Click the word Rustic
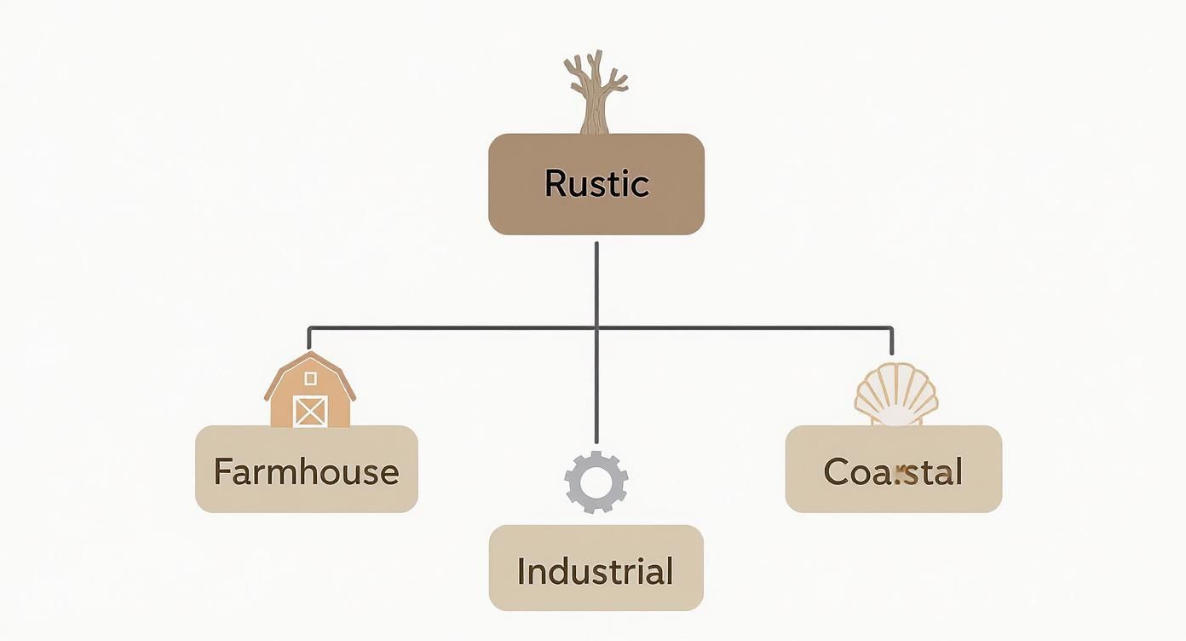coord(596,184)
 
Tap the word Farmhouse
coord(306,471)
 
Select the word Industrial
coord(595,571)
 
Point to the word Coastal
coord(893,471)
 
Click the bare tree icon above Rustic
coord(596,92)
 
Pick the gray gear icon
coord(596,482)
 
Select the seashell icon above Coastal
coord(896,395)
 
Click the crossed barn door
coord(309,411)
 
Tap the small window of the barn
coord(310,378)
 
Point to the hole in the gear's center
coord(596,482)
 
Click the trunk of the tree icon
coord(596,116)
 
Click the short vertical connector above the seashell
coord(891,341)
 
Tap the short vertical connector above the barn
coord(308,338)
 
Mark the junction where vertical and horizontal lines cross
coord(596,327)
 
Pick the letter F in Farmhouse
coord(222,471)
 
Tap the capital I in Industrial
coord(521,571)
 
